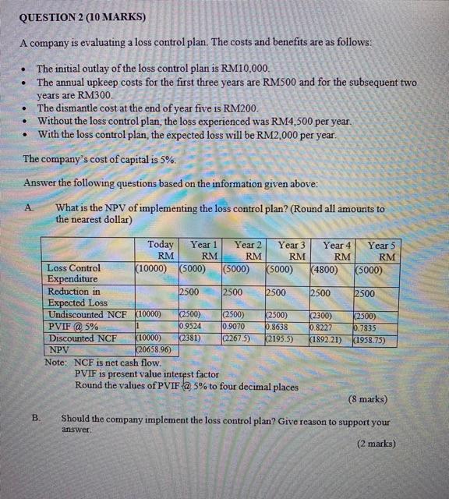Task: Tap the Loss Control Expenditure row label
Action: (74, 274)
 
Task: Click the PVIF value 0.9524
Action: (191, 326)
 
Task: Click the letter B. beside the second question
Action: (36, 418)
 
